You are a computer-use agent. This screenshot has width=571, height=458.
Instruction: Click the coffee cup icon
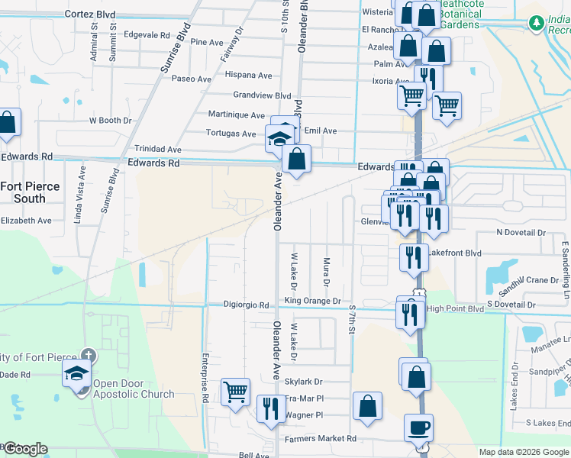coord(419,427)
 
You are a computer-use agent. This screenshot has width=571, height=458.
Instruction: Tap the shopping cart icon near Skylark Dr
coord(235,392)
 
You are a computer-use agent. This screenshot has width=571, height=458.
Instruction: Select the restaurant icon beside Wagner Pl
coord(271,408)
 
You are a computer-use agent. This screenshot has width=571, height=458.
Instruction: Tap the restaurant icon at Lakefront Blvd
coord(413,257)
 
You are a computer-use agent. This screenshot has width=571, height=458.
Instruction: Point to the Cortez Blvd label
coord(90,14)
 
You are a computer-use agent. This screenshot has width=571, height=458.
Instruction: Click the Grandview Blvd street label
coord(262,95)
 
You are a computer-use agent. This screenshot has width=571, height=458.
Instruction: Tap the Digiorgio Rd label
coord(246,305)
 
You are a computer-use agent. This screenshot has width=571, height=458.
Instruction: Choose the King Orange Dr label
coord(312,301)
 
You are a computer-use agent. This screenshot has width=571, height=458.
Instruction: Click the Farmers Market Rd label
coord(321,439)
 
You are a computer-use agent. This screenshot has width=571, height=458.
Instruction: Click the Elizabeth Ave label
coord(25,220)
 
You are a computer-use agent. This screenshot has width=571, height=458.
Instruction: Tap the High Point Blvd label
coord(456,308)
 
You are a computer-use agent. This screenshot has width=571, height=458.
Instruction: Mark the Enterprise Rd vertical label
coord(205,377)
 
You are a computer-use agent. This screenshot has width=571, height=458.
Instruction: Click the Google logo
coord(24,449)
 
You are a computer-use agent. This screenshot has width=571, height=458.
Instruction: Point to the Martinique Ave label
coord(236,114)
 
